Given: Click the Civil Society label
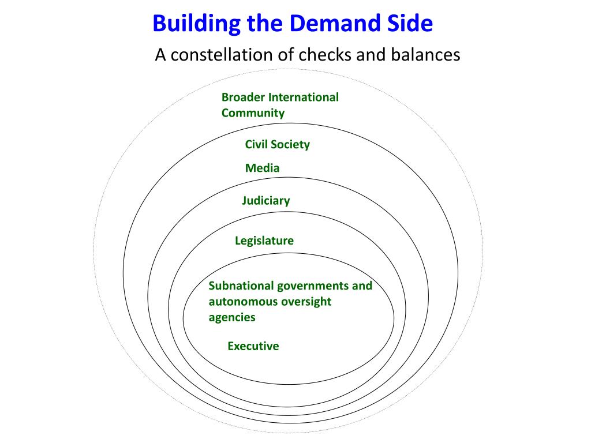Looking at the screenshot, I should (277, 144).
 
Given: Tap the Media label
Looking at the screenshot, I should (262, 168).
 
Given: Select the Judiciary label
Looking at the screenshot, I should (265, 201).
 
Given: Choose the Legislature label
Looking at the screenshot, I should (264, 241).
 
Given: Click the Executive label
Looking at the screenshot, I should (253, 346).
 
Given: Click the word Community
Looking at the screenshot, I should (253, 112).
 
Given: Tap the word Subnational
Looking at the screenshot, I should (241, 286).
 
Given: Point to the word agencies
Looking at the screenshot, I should (231, 317).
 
